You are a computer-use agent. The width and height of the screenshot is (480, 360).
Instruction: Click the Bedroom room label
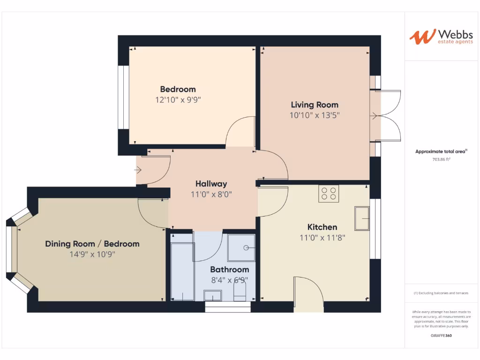(178, 89)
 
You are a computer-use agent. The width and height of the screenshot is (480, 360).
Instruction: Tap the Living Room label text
(314, 105)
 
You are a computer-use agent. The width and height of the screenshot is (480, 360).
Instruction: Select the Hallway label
(211, 184)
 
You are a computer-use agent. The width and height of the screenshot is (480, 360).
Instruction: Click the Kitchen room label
(322, 227)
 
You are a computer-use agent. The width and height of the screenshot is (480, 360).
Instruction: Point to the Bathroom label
(229, 270)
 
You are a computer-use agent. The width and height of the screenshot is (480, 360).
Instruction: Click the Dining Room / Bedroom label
(92, 244)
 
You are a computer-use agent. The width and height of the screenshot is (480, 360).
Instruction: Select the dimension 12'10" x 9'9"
(178, 99)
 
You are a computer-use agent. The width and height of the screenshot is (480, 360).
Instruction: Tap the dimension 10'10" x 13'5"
(314, 115)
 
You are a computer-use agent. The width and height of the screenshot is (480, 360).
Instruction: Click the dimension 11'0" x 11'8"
(322, 238)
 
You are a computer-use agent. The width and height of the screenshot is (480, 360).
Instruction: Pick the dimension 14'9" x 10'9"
(92, 254)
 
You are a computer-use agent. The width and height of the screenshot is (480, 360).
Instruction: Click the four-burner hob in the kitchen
(329, 194)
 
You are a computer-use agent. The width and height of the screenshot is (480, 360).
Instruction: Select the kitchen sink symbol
(362, 218)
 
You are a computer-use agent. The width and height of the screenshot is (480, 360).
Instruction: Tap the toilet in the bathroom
(239, 294)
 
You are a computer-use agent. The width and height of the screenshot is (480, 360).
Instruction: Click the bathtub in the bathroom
(182, 271)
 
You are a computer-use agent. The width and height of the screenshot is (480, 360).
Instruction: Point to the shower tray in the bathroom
(241, 247)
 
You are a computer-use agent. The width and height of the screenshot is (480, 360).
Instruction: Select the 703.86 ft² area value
(442, 159)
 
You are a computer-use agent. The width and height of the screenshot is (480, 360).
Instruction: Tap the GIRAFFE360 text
(441, 336)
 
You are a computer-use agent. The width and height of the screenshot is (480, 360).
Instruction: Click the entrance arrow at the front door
(138, 170)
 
